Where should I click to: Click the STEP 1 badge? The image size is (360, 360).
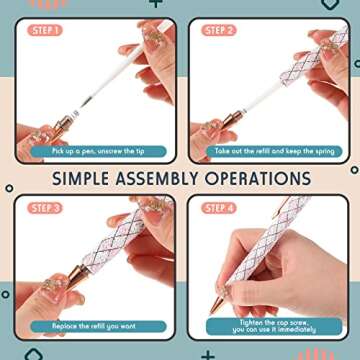[x=43, y=30]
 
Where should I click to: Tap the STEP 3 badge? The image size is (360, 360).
[x=43, y=208]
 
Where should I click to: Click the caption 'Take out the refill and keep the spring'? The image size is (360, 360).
[x=268, y=150]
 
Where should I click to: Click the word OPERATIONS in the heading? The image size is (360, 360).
[x=258, y=179]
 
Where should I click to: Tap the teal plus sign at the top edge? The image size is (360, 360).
[x=155, y=4]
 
